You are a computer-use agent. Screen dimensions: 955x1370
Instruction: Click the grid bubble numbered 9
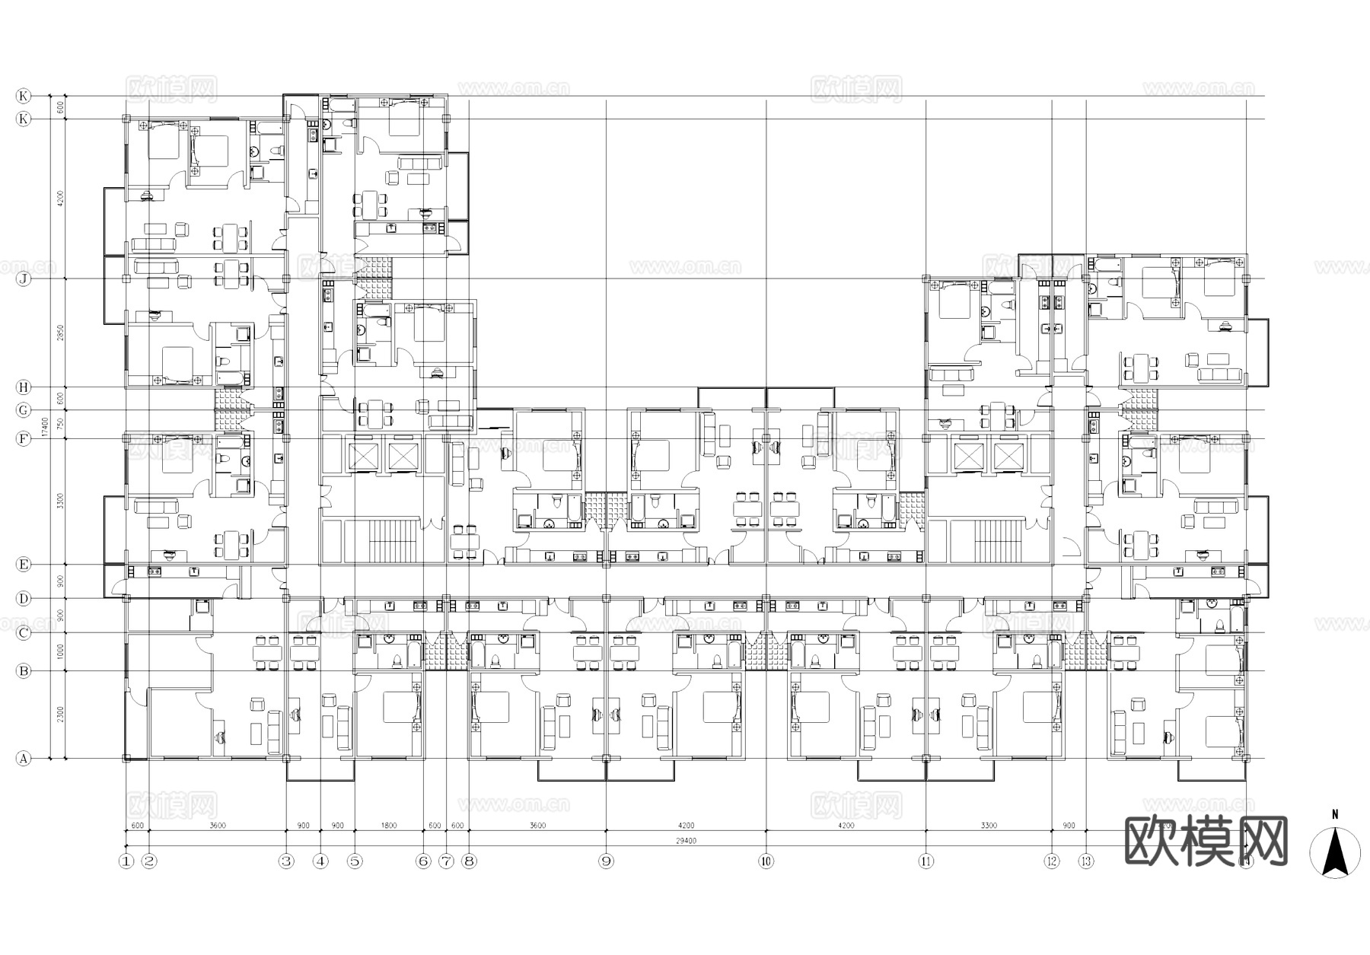tap(606, 861)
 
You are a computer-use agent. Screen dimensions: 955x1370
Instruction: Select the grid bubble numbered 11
tap(926, 861)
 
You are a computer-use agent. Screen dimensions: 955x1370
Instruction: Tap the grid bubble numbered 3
tap(286, 861)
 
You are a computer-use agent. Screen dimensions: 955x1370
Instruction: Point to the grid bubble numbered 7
tap(446, 861)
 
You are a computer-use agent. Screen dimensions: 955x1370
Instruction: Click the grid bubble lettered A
tap(24, 759)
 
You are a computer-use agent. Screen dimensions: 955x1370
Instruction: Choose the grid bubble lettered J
tap(24, 279)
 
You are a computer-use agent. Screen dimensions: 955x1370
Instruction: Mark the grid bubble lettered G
tap(24, 410)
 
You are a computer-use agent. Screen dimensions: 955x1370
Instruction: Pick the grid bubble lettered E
tap(24, 564)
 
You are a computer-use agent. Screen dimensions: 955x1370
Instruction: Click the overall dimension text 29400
tap(686, 841)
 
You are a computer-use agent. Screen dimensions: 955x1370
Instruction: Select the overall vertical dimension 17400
tap(45, 426)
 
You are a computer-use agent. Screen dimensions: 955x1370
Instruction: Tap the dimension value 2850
tap(59, 333)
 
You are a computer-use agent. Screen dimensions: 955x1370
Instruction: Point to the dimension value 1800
tap(388, 826)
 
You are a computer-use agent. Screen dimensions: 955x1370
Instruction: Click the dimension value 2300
tap(59, 715)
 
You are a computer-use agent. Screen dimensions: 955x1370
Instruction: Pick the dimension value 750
tap(59, 425)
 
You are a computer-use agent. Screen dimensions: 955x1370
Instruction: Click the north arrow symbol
tap(1334, 852)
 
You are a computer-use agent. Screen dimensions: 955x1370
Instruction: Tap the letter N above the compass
tap(1334, 814)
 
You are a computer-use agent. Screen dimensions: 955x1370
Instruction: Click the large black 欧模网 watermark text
tap(1206, 841)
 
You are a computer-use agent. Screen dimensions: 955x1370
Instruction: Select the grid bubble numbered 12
tap(1052, 861)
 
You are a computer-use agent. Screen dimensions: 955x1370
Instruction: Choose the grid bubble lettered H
tap(24, 387)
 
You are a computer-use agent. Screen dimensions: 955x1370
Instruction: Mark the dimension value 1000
tap(59, 651)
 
